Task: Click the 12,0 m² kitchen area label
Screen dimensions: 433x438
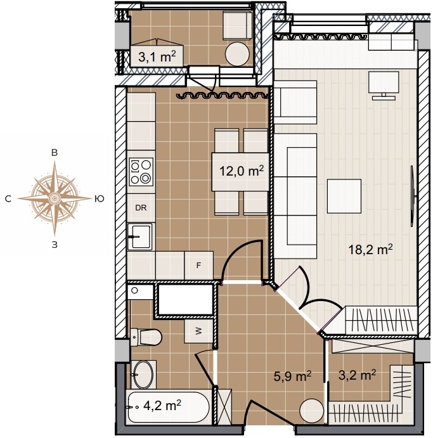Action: point(242,171)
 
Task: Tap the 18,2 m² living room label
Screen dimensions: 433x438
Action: point(370,249)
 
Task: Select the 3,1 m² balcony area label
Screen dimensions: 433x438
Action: point(157,56)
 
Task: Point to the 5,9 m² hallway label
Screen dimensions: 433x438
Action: point(292,377)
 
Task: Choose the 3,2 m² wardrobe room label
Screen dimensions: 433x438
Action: point(357,375)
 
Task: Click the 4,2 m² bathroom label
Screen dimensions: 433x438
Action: point(162,405)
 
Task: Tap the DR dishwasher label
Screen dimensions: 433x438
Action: point(141,208)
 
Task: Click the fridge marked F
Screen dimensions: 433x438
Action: point(199,265)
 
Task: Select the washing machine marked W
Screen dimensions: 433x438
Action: point(198,332)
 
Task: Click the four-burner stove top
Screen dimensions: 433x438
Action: point(141,172)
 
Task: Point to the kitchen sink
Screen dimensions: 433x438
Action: point(139,236)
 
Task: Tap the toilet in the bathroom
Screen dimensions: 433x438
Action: point(146,337)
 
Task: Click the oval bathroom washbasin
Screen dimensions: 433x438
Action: point(143,375)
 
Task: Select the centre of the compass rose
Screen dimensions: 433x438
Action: point(55,198)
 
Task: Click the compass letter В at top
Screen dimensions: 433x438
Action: point(55,153)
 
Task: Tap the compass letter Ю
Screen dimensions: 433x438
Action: point(100,198)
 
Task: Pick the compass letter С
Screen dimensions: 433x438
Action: point(8,198)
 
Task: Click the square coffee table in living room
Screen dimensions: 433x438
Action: point(344,196)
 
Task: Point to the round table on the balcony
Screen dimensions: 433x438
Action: point(237,54)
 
